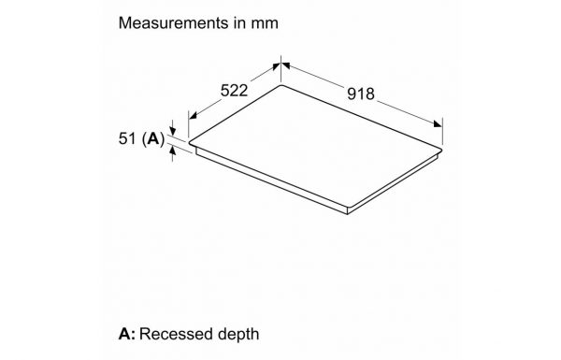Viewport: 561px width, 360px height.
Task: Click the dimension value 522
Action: tap(234, 91)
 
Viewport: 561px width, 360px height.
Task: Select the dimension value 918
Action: tap(361, 94)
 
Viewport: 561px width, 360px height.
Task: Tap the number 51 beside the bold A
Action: tap(127, 138)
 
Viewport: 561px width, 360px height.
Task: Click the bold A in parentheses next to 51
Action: tap(153, 138)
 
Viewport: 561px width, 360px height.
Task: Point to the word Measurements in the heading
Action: tap(173, 22)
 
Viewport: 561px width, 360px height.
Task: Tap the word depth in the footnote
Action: tap(238, 335)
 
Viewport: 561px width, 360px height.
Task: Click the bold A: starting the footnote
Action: tap(126, 334)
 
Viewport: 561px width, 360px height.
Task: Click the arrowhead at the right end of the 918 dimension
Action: tap(438, 123)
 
